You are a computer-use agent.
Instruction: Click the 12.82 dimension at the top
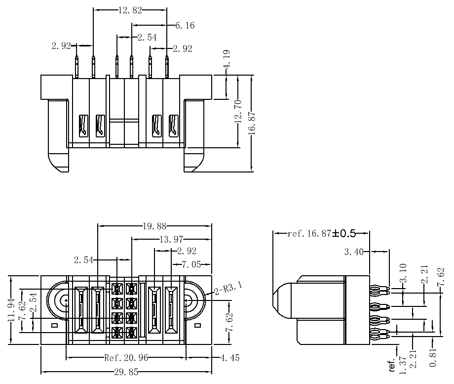click(x=130, y=10)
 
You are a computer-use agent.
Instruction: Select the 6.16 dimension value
click(x=185, y=26)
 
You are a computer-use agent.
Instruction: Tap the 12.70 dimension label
click(x=238, y=111)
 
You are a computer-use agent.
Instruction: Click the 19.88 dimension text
click(x=154, y=226)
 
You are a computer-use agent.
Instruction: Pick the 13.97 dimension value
click(x=171, y=239)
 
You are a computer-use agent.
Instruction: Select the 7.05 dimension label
click(x=191, y=264)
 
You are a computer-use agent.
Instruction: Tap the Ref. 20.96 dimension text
click(x=126, y=358)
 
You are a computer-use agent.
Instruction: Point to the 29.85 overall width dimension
click(x=126, y=372)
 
